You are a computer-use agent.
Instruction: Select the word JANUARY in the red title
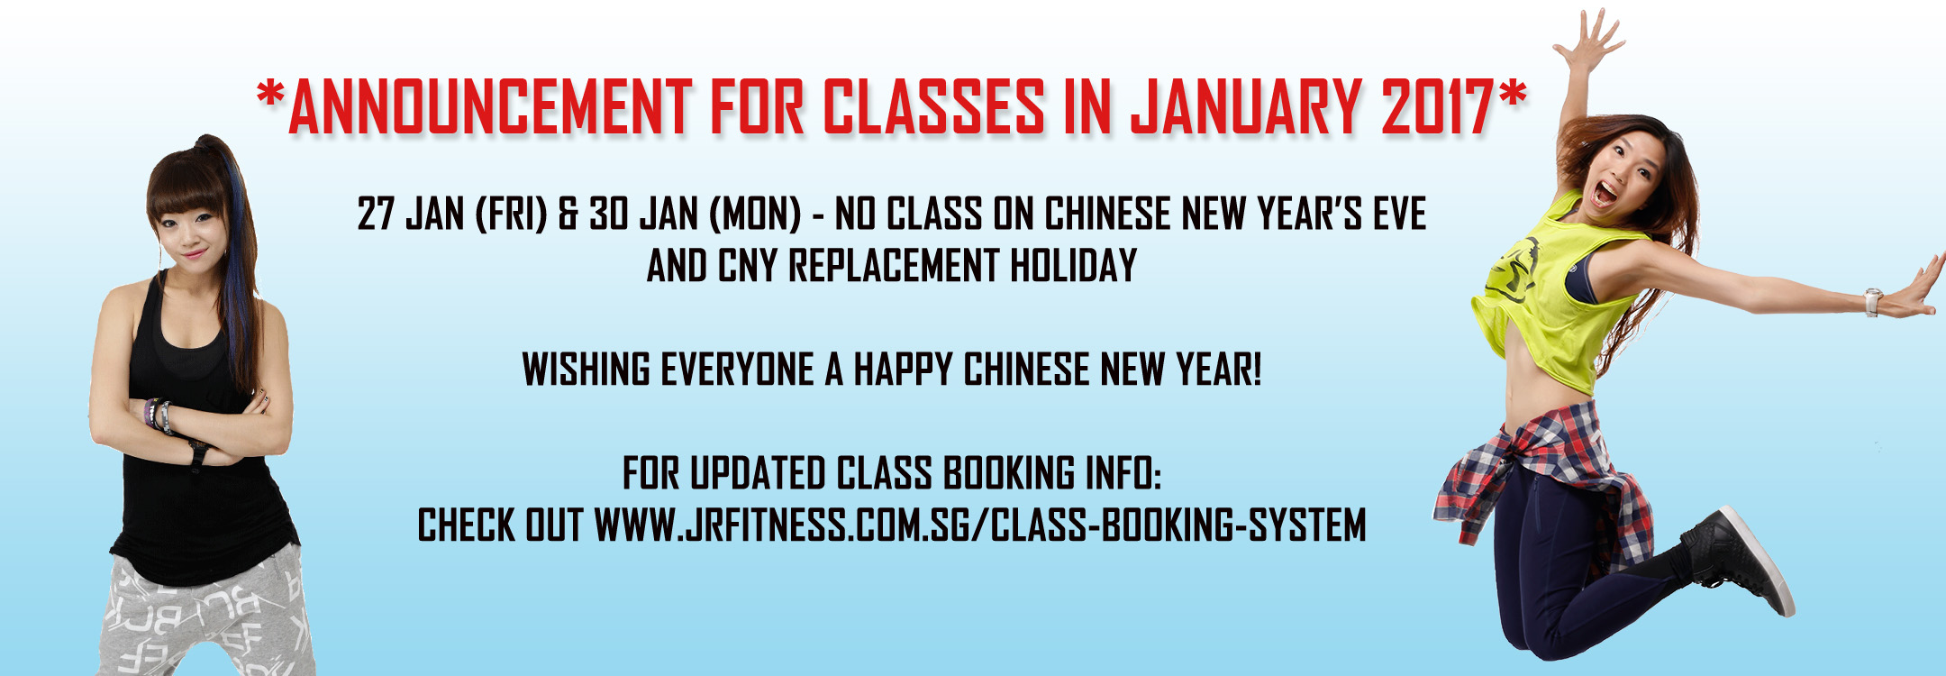(x=1246, y=107)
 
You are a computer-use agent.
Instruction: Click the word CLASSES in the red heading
(x=933, y=107)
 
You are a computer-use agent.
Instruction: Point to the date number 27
(x=376, y=215)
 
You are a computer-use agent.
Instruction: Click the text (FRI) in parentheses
(x=511, y=215)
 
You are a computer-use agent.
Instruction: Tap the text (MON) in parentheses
(x=755, y=215)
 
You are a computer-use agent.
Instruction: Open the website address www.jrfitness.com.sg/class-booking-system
(x=980, y=525)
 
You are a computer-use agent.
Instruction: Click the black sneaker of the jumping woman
(x=1739, y=559)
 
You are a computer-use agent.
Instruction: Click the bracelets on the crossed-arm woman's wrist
(x=159, y=416)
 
